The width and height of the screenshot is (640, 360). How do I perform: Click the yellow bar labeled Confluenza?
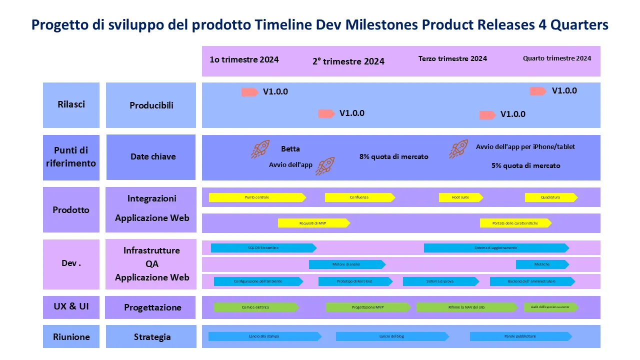(x=359, y=197)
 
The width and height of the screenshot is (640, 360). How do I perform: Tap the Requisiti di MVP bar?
(x=313, y=223)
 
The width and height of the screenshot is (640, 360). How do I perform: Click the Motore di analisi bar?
(x=346, y=264)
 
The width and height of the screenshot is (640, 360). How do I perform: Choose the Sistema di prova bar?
(x=440, y=281)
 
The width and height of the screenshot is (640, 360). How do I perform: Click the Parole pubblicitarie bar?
(x=520, y=336)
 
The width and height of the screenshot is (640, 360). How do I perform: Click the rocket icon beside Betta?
(x=260, y=149)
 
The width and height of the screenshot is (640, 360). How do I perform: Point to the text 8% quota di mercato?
(x=394, y=156)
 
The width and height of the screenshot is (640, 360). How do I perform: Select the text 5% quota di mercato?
(x=526, y=165)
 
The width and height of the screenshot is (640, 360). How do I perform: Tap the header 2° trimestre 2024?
(x=348, y=61)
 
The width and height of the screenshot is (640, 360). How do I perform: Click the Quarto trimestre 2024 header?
(x=557, y=58)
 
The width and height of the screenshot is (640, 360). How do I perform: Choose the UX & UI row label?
(x=71, y=306)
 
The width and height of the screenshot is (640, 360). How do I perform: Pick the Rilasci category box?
(x=71, y=104)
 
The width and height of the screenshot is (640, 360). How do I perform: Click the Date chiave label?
(x=153, y=156)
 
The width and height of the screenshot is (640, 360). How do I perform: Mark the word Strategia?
(x=152, y=337)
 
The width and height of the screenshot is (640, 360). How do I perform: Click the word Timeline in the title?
(x=283, y=25)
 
